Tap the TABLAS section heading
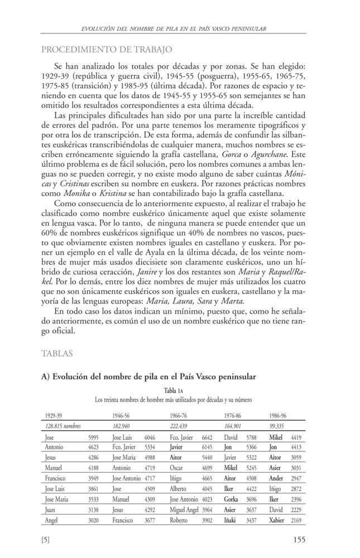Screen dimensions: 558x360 tap(56, 353)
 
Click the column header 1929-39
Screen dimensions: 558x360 tap(54, 416)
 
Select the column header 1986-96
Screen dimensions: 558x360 tap(279, 416)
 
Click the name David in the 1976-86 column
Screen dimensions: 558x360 tap(231, 437)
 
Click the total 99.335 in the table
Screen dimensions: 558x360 tap(277, 426)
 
